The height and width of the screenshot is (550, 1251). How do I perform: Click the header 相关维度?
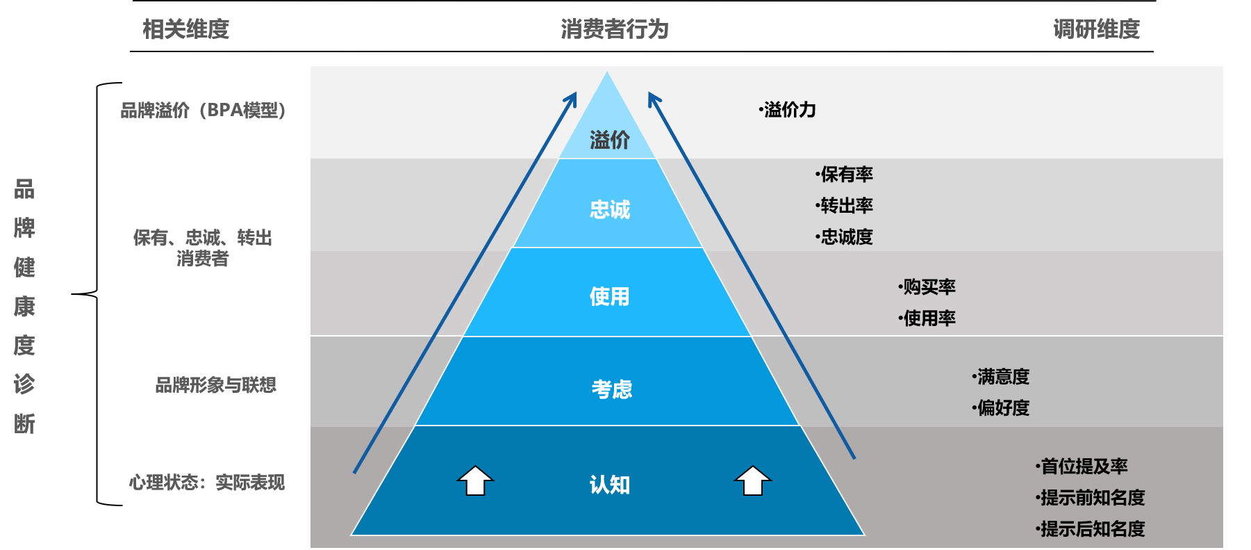pos(185,29)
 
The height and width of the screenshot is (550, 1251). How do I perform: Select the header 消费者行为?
pos(615,29)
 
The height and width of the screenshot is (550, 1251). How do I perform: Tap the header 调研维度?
pos(1097,29)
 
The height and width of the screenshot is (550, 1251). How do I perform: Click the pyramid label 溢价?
pos(610,140)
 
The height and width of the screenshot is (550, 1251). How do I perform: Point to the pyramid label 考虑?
pos(612,389)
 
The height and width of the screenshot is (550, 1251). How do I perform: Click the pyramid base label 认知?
pos(610,485)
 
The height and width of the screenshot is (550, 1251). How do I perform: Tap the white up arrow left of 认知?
pos(475,480)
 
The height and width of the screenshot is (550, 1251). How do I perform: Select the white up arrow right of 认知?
pos(753,480)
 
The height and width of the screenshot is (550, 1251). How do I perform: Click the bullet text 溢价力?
pos(788,110)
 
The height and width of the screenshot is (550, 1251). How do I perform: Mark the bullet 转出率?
pos(845,206)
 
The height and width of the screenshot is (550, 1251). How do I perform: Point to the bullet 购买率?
pos(927,287)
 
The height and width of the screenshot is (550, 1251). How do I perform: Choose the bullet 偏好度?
pos(1001,408)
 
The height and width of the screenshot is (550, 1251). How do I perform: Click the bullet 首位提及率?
pos(1082,467)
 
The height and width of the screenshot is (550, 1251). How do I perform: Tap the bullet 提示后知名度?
pos(1091,529)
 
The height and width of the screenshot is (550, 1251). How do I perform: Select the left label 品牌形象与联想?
pos(216,385)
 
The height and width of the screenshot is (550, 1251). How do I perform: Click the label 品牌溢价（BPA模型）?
pos(203,111)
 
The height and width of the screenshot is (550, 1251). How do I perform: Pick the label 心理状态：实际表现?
pos(207,483)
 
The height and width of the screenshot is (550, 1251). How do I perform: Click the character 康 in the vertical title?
pos(24,307)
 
